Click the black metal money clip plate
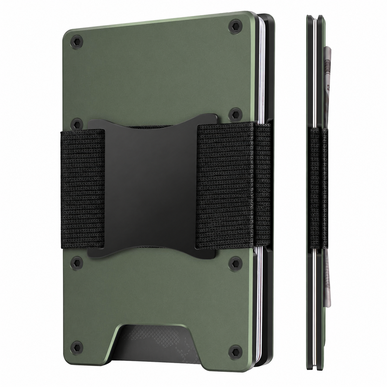[151, 185]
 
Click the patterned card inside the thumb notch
[151, 343]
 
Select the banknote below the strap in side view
[328, 293]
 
